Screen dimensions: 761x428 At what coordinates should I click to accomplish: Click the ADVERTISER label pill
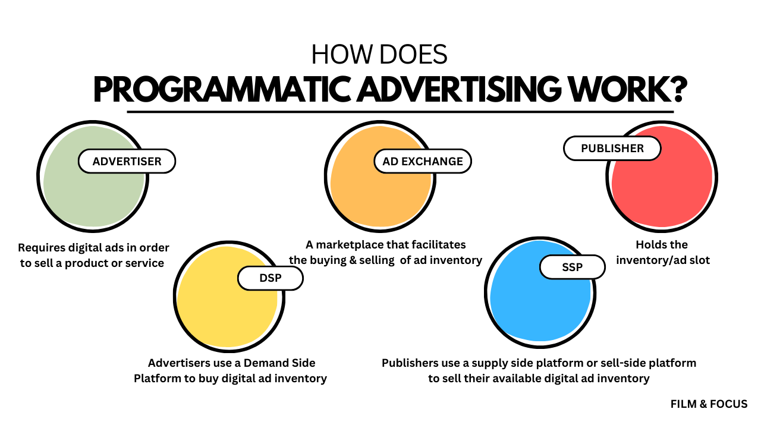pyautogui.click(x=127, y=161)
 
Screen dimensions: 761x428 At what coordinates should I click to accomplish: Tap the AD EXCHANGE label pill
pyautogui.click(x=423, y=161)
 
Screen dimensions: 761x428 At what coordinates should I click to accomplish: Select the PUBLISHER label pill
pyautogui.click(x=612, y=148)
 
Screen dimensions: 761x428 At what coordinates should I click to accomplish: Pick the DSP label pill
pyautogui.click(x=271, y=278)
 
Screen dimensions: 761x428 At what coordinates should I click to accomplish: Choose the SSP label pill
pyautogui.click(x=573, y=267)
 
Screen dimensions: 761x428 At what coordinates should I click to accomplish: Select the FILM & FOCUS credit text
pyautogui.click(x=709, y=404)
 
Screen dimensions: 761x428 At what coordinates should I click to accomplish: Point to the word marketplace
pyautogui.click(x=350, y=245)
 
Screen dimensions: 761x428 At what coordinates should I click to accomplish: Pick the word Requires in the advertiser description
pyautogui.click(x=42, y=248)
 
